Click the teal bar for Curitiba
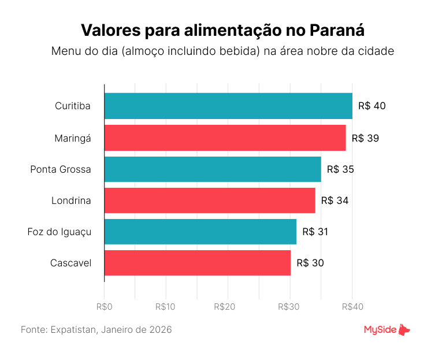point(228,106)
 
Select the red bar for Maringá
point(225,138)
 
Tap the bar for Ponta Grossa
point(213,169)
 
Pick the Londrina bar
point(210,200)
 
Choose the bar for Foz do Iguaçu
point(200,231)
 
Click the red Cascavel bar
point(197,263)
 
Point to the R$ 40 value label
point(371,106)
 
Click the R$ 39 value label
point(365,138)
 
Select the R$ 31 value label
point(315,232)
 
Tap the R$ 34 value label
point(335,201)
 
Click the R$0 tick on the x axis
point(104,307)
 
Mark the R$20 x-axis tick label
point(228,307)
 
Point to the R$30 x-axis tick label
point(290,307)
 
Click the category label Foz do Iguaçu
point(60,232)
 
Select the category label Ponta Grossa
point(61,169)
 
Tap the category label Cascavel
point(70,263)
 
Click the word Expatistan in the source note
point(74,330)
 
